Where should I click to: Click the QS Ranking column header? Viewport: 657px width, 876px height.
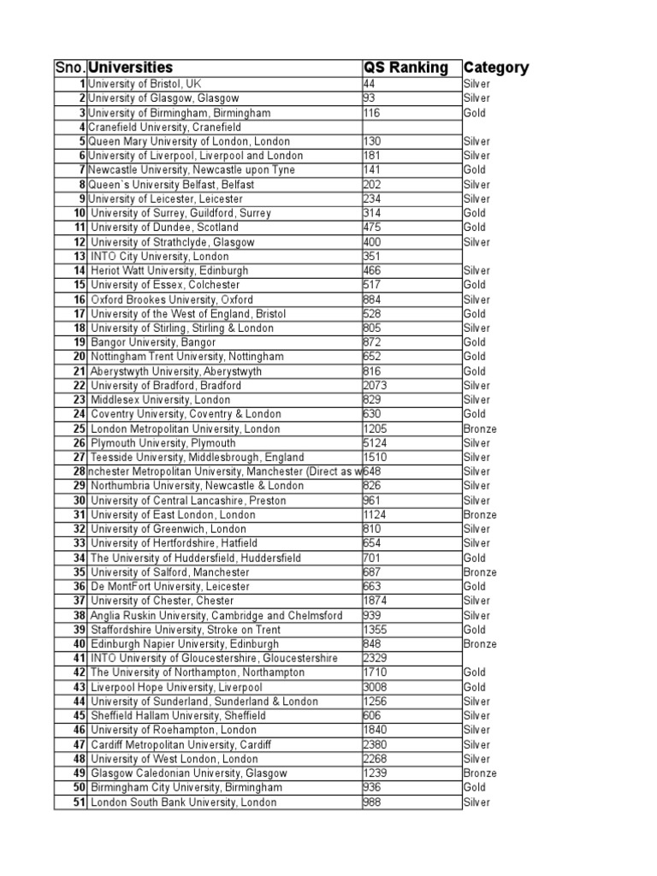point(405,68)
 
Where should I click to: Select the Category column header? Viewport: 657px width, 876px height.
point(495,68)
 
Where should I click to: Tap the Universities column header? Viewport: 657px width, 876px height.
point(131,68)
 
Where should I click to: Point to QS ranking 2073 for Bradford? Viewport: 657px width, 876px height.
point(375,386)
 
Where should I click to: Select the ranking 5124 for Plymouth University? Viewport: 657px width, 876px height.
point(375,443)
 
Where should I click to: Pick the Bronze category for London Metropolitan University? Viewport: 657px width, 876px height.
point(479,429)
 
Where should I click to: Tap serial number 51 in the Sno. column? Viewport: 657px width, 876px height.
point(79,802)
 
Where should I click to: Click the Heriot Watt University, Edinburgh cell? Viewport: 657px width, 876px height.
point(169,270)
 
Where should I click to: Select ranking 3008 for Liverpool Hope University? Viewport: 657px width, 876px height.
point(375,687)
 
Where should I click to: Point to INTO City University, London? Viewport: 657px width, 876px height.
point(159,257)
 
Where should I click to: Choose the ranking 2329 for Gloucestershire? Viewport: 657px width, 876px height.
point(375,659)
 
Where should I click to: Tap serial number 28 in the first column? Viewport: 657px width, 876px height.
point(79,471)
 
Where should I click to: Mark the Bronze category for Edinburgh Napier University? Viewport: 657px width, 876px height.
point(479,644)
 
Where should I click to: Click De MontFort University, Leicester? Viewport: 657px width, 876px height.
point(170,587)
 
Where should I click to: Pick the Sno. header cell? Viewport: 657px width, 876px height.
point(70,68)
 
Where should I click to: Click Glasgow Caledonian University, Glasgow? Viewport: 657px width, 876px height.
point(188,773)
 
